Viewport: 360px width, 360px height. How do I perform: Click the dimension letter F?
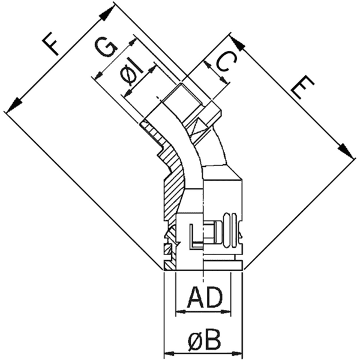pyautogui.click(x=51, y=45)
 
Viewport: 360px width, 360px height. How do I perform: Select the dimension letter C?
pyautogui.click(x=219, y=64)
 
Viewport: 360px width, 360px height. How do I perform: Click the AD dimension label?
pyautogui.click(x=203, y=298)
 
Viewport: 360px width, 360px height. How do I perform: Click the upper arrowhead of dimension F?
pyautogui.click(x=109, y=10)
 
